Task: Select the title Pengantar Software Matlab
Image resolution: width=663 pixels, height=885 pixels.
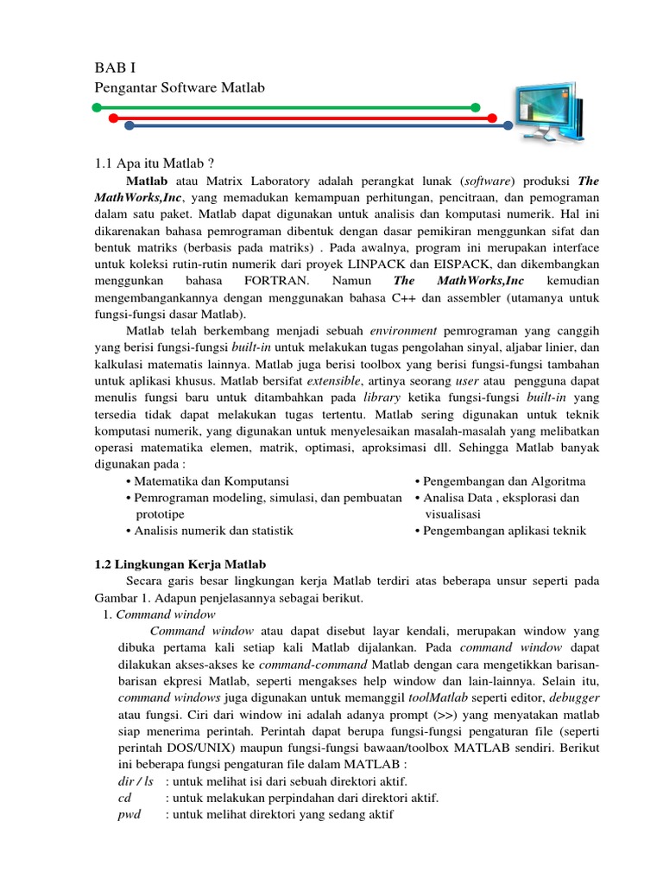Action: [x=179, y=88]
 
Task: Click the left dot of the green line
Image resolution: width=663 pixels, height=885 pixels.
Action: [x=97, y=108]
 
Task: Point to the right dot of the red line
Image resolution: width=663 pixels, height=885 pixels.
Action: [x=492, y=117]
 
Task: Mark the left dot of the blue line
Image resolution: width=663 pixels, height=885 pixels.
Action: [x=129, y=125]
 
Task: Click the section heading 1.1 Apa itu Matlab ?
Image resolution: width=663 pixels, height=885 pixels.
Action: [x=153, y=162]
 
